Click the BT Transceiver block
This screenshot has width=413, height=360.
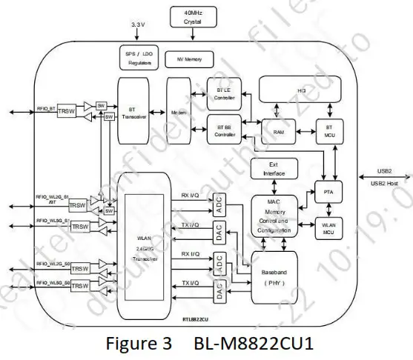point(133,111)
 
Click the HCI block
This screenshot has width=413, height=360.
point(302,90)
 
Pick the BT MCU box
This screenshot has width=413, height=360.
point(328,131)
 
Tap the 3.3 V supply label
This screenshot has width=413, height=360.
point(137,25)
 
